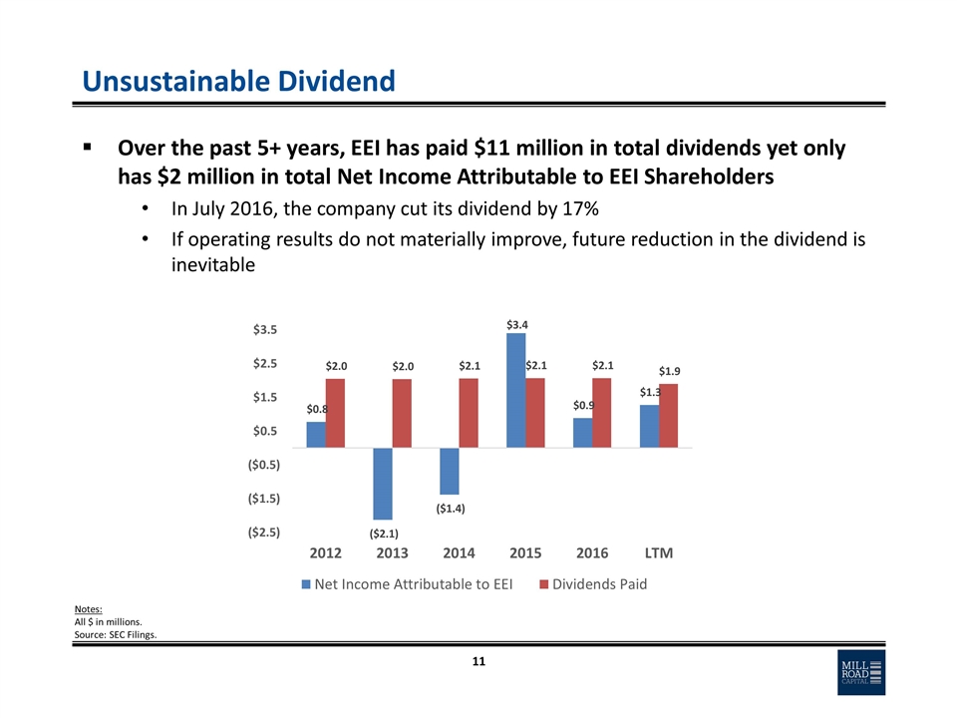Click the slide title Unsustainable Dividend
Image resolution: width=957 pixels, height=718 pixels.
(x=238, y=80)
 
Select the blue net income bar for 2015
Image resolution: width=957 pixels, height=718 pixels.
(x=516, y=390)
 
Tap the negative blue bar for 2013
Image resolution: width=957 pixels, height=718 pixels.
(x=383, y=484)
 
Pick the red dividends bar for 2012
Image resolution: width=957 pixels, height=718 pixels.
(x=335, y=413)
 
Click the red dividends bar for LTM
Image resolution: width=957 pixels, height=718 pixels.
(x=668, y=416)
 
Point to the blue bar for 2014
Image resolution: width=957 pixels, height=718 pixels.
(x=450, y=471)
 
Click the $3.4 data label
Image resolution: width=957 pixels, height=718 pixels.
(x=516, y=324)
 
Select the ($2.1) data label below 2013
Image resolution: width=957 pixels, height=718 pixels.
(x=384, y=534)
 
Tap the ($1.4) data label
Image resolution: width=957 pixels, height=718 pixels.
(x=450, y=509)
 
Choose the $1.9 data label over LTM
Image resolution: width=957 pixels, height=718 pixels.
(x=670, y=371)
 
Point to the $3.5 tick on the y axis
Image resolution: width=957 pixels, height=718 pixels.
(x=264, y=329)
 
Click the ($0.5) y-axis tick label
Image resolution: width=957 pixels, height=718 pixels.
(x=263, y=465)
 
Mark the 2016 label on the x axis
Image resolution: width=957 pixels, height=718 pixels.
(x=592, y=552)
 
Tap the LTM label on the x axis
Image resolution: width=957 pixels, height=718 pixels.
(x=658, y=552)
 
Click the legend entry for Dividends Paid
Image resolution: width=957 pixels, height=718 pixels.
(x=592, y=584)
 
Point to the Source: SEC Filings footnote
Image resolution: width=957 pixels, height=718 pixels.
(x=116, y=636)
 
